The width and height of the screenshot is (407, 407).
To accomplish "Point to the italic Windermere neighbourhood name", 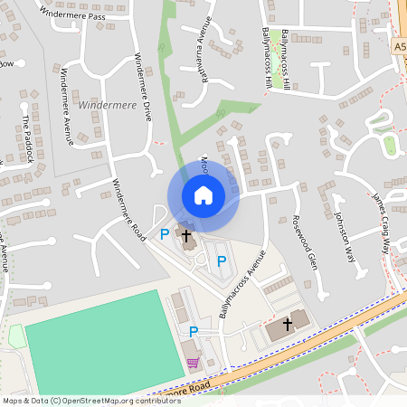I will click(105, 105).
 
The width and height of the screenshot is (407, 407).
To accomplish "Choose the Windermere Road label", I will click(128, 208).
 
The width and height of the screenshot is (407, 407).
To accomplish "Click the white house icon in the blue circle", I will click(203, 195).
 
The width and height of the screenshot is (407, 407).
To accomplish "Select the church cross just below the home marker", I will click(187, 237).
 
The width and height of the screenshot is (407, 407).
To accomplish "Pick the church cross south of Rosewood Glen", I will click(289, 323).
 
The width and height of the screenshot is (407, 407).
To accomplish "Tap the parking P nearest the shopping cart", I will click(193, 332).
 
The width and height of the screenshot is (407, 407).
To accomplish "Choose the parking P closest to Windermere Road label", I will click(164, 234).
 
